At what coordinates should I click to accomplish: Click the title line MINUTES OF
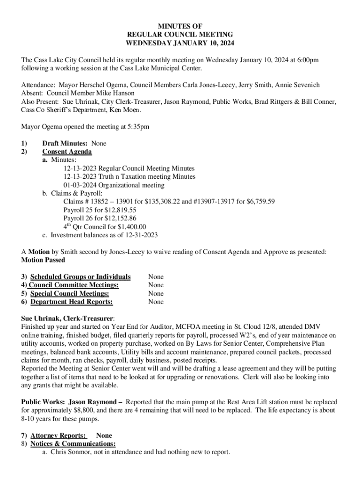[180, 26]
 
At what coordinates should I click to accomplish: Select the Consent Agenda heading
[67, 152]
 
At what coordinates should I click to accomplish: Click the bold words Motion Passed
[43, 260]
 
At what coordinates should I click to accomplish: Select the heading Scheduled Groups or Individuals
[80, 277]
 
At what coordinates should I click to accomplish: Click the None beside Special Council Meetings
[156, 294]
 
